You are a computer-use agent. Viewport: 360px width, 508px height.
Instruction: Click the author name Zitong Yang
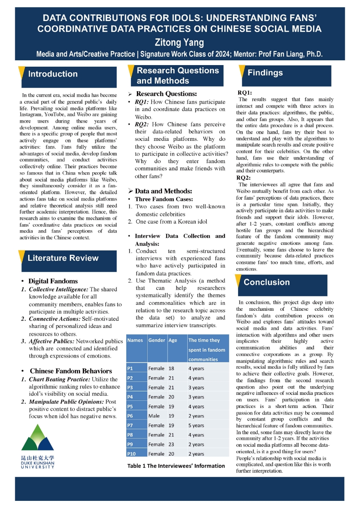coord(180,42)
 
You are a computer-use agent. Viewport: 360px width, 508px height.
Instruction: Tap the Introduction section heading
coord(53,74)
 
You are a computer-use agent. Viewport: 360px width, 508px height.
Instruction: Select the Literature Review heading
coord(63,258)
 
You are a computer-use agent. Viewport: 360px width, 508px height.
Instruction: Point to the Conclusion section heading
coord(266,282)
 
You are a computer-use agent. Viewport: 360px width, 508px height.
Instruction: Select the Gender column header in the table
coord(156,340)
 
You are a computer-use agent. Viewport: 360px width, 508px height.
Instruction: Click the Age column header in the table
coord(173,340)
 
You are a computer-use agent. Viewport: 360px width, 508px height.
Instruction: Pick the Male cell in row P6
coord(154,416)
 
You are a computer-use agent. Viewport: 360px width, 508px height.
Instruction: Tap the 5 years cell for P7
coord(196,425)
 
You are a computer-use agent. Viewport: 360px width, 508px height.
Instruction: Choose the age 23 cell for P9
coord(171,444)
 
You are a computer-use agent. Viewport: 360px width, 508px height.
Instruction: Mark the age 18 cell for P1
coord(171,368)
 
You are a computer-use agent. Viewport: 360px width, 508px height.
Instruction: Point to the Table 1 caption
coord(176,466)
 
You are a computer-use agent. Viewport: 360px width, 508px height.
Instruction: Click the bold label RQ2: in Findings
coord(243,178)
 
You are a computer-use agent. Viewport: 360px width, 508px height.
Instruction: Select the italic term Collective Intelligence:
coord(58,289)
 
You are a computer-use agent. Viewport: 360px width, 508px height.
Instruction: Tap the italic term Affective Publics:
coord(52,341)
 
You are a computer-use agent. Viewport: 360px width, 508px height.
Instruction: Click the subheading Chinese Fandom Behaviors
coord(71,371)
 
